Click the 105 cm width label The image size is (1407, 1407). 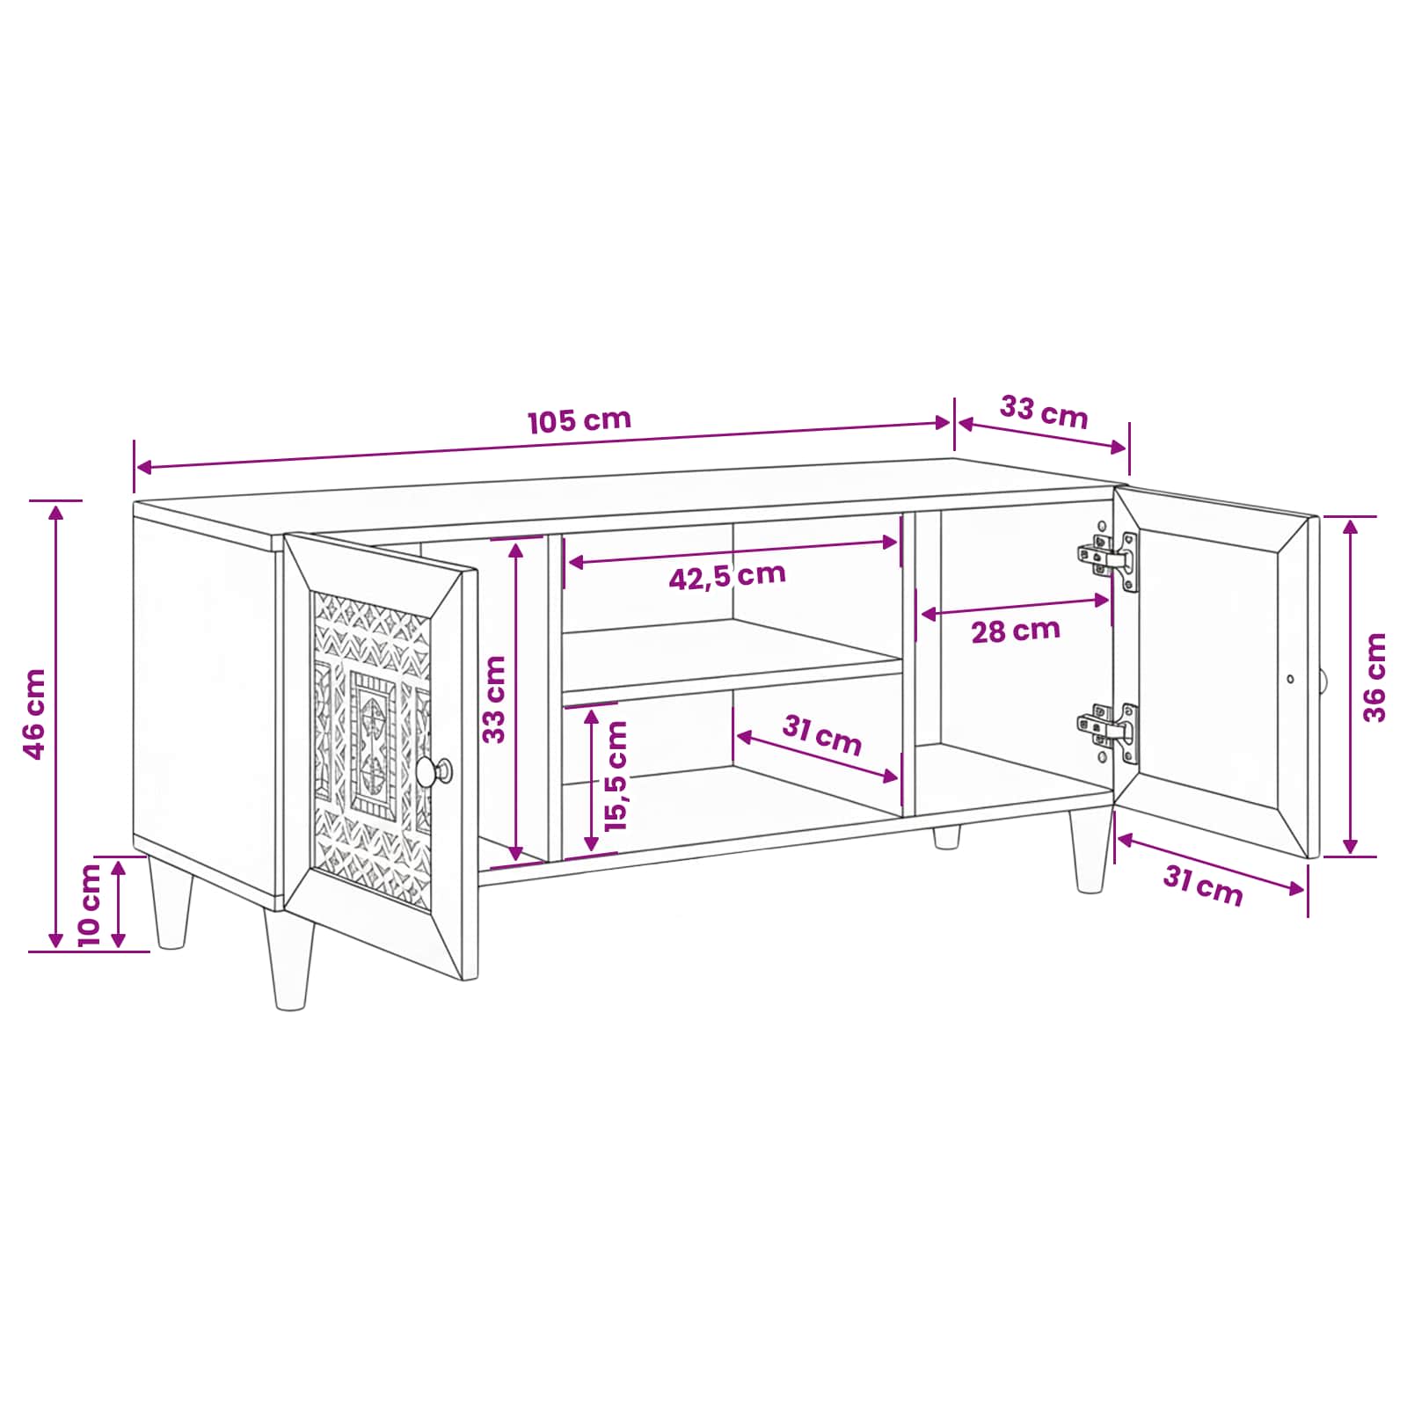point(580,420)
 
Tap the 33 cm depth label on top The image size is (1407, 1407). point(1044,412)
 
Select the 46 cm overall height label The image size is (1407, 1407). point(34,713)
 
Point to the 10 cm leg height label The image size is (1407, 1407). point(90,905)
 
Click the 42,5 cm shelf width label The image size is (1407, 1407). point(727,576)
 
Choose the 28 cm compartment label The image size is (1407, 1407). point(1016,631)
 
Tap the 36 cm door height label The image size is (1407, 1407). point(1374,677)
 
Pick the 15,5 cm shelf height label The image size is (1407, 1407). point(616,776)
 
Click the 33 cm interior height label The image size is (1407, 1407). point(494,699)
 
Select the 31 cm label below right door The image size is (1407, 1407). point(1203,886)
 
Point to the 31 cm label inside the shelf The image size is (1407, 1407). point(822,735)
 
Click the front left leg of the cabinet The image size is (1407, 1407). point(290,959)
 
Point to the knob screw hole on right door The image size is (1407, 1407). point(1290,679)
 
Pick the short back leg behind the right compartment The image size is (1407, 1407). point(946,836)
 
